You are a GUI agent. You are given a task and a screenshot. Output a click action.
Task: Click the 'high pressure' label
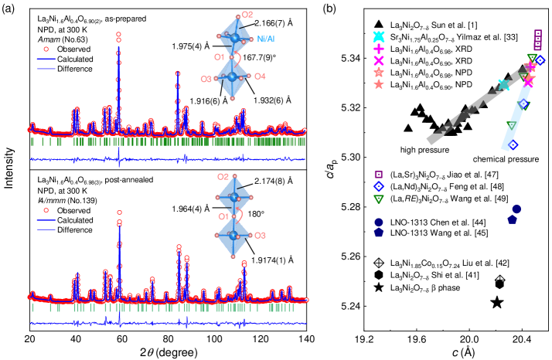coord(424,150)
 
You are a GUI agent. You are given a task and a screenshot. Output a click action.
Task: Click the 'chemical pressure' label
coord(506,159)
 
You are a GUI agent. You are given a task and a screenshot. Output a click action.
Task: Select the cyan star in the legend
coord(379,36)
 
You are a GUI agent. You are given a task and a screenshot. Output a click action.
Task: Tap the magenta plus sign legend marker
coord(379,48)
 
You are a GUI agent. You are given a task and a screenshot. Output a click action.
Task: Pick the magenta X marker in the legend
coord(379,60)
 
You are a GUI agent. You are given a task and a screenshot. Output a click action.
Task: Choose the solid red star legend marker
coord(379,84)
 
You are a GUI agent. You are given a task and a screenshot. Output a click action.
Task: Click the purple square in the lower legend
coord(379,175)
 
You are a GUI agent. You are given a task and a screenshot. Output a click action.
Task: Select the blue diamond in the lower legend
coord(379,186)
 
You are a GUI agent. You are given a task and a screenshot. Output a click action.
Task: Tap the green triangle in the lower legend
coord(379,199)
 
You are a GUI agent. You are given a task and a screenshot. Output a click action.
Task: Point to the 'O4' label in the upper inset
coord(261,76)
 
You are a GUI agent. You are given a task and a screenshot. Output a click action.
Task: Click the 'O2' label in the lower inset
coord(223,177)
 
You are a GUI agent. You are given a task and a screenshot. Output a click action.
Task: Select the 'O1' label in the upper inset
coord(220,56)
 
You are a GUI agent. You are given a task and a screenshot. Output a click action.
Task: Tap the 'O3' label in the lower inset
coord(261,235)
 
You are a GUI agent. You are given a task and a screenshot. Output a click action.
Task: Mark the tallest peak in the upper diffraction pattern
coord(118,35)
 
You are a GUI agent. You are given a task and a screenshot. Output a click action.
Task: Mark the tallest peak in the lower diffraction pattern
coord(120,212)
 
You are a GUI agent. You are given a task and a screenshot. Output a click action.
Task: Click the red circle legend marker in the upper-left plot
coord(46,49)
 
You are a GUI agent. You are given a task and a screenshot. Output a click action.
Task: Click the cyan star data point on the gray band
coord(504,85)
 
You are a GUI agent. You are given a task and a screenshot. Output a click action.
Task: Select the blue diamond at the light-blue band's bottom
coord(513,144)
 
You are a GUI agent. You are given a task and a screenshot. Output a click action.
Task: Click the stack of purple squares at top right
coord(538,39)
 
